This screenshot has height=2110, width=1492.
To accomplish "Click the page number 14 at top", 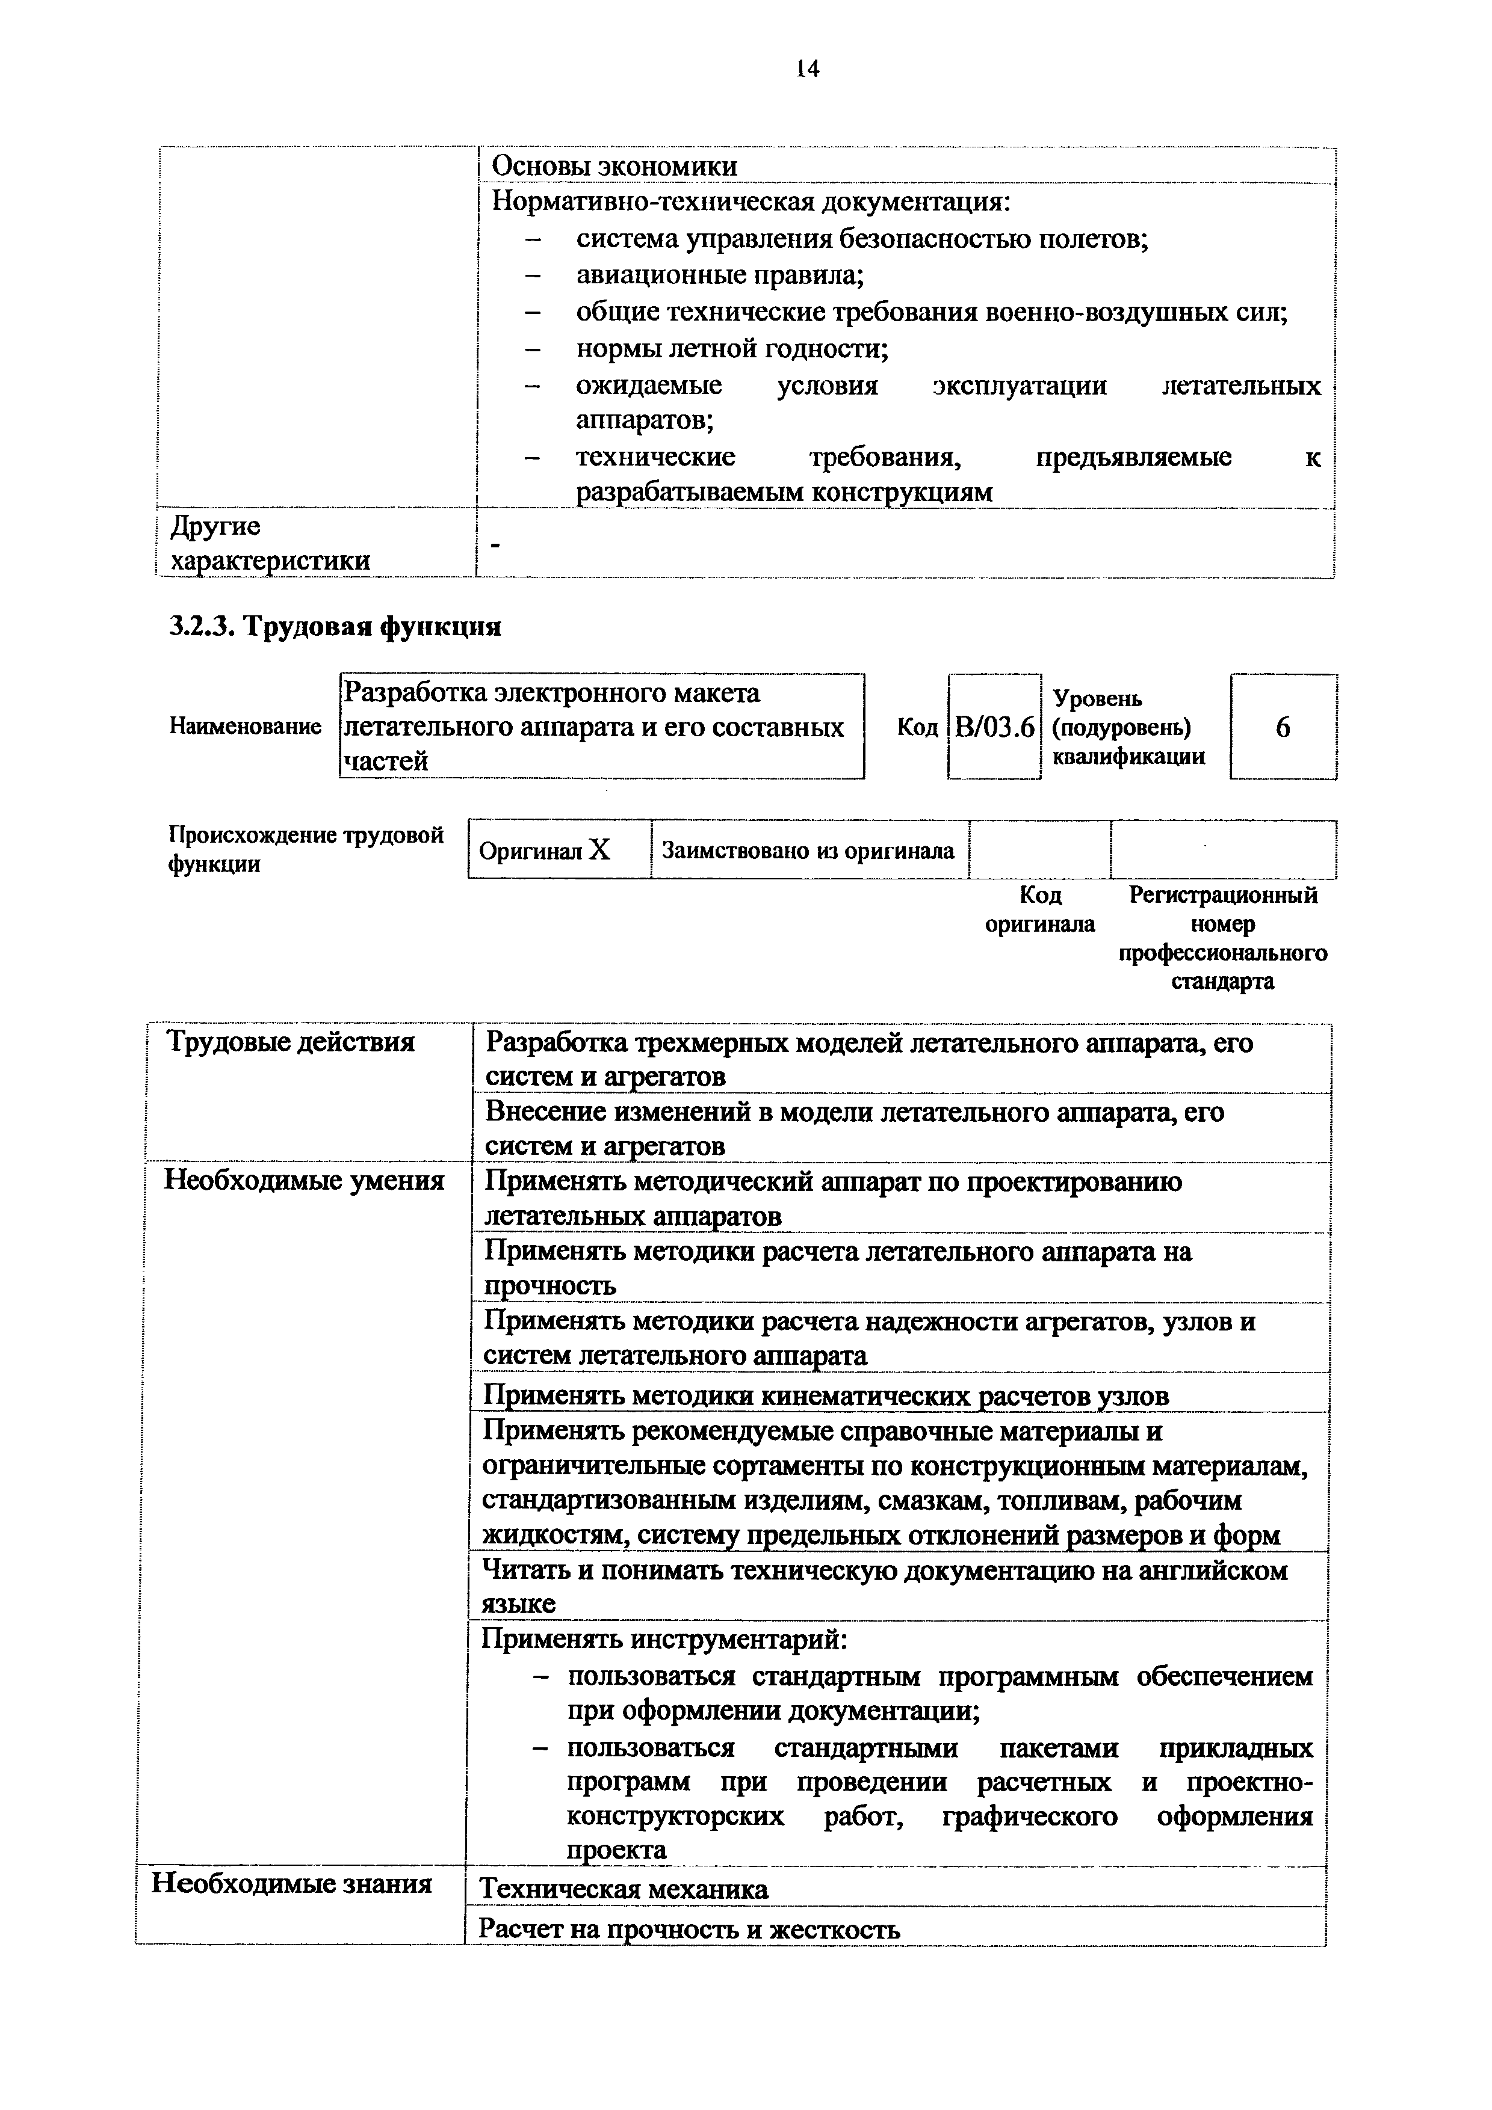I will click(807, 69).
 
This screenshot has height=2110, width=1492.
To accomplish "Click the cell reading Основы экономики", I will click(614, 167).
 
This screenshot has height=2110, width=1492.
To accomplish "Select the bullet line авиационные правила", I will click(720, 275).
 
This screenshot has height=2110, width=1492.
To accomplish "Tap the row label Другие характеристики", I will click(270, 543).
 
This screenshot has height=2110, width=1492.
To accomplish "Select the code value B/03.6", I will click(995, 728).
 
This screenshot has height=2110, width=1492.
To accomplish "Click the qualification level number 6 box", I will click(1283, 728).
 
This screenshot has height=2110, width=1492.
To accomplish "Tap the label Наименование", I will click(246, 727).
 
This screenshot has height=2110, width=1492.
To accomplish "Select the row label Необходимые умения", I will click(303, 1180).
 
